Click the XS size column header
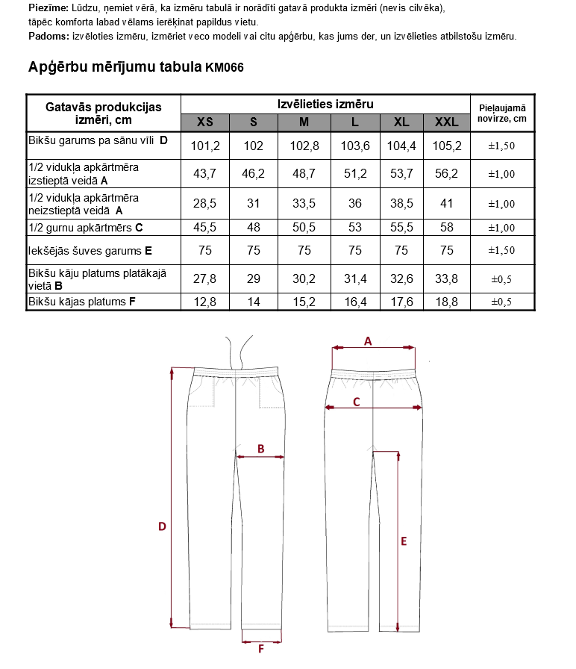tap(204, 122)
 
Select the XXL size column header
tap(446, 122)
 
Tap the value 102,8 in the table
tap(304, 146)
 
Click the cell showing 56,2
tap(446, 173)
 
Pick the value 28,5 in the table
tap(204, 203)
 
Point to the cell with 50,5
tap(304, 228)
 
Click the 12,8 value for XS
tap(204, 302)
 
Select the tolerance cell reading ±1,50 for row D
tap(502, 146)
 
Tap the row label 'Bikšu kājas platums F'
tap(81, 302)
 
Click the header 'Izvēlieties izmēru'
tap(325, 105)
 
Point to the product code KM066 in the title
tap(224, 67)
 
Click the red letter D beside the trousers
tap(161, 526)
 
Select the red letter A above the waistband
tap(367, 340)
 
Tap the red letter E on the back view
tap(404, 541)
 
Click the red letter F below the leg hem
tap(261, 650)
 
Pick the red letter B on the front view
tap(261, 449)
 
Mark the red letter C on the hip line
tap(357, 402)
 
